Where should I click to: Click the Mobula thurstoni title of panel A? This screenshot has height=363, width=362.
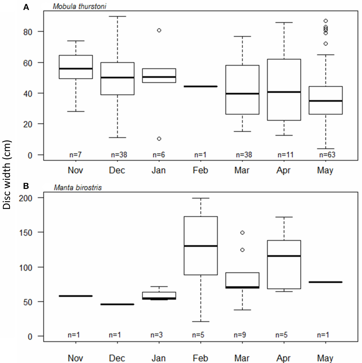pyautogui.click(x=79, y=6)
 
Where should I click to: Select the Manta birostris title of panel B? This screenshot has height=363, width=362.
pyautogui.click(x=78, y=188)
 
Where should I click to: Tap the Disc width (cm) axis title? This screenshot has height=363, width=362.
pyautogui.click(x=7, y=175)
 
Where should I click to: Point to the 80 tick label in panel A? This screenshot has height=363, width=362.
pyautogui.click(x=28, y=32)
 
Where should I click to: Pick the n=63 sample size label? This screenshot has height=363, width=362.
pyautogui.click(x=327, y=155)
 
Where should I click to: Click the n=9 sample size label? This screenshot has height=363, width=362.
pyautogui.click(x=240, y=335)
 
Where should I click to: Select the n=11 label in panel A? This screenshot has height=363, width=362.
pyautogui.click(x=285, y=155)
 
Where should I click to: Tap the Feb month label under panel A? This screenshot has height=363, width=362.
pyautogui.click(x=200, y=170)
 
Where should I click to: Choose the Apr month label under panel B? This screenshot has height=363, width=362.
pyautogui.click(x=283, y=358)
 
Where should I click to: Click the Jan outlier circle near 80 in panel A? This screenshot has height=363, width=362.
pyautogui.click(x=159, y=30)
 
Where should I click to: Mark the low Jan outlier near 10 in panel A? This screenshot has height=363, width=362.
pyautogui.click(x=159, y=139)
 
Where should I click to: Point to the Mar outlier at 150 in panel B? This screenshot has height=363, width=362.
pyautogui.click(x=242, y=233)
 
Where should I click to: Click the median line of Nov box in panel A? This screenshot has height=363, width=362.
pyautogui.click(x=76, y=69)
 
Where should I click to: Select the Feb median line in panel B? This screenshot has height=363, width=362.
pyautogui.click(x=201, y=246)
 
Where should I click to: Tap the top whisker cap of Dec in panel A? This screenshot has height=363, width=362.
pyautogui.click(x=118, y=16)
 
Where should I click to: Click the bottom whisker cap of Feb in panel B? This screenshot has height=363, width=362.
pyautogui.click(x=201, y=322)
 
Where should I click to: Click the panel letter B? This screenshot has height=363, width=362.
pyautogui.click(x=26, y=186)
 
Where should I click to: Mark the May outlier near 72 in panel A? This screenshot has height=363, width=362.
pyautogui.click(x=326, y=44)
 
